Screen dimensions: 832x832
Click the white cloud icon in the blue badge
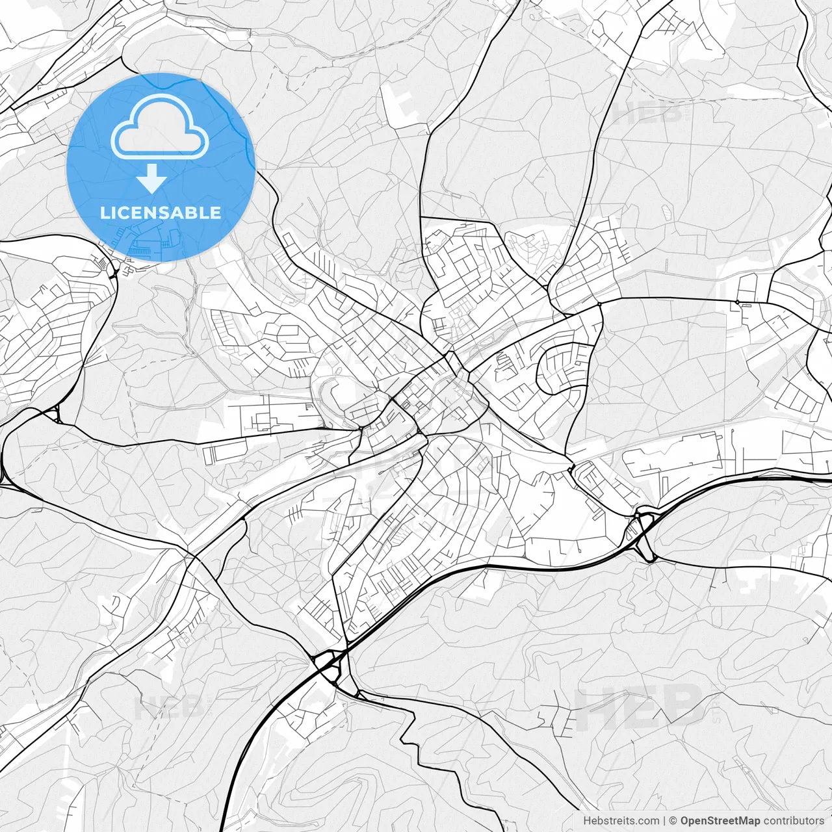(x=160, y=127)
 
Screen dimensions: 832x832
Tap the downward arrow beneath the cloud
(x=152, y=178)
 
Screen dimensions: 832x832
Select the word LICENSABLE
(x=161, y=213)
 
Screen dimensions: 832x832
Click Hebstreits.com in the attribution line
(x=621, y=821)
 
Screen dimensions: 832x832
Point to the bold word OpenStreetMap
(x=720, y=821)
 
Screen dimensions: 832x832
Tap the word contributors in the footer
(x=794, y=821)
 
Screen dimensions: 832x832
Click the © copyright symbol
(x=673, y=821)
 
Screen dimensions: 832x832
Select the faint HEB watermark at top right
(x=647, y=114)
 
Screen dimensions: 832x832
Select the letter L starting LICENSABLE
(x=104, y=213)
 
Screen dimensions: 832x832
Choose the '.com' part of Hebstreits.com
(x=647, y=821)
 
